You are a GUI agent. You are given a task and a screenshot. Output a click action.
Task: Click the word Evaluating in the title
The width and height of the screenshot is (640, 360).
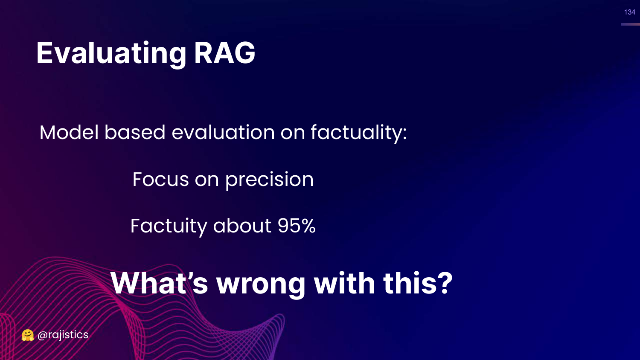coord(111,54)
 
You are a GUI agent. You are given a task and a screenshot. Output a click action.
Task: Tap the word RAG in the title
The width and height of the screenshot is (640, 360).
coord(224,53)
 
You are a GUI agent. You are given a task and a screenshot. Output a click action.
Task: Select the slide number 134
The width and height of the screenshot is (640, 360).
coord(630,12)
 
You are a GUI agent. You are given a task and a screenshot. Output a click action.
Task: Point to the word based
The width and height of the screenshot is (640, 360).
coord(135,132)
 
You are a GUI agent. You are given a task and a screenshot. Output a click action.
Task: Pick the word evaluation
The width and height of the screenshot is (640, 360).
coord(223,132)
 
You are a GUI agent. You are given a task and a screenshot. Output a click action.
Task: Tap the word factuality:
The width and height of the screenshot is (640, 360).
coord(359,134)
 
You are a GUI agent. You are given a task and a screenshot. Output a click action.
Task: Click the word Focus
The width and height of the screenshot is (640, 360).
coord(160,180)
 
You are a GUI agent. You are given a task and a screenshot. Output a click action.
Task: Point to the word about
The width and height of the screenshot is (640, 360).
coord(242,226)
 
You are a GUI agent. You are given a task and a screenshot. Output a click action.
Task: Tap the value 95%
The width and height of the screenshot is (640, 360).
coord(297,226)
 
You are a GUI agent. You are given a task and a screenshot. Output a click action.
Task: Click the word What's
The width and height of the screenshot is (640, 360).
coord(159,283)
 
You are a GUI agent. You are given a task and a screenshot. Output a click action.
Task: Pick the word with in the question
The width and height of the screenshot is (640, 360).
coord(344,283)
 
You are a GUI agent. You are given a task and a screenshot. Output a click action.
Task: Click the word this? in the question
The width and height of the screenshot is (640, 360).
coord(418,283)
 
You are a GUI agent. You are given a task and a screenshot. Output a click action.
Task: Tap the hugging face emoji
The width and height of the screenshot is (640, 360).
coord(28,335)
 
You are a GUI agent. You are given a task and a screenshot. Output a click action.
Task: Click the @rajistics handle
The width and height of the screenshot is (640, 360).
coord(63,335)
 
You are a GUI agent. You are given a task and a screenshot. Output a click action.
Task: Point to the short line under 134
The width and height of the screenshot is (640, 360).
coord(630,24)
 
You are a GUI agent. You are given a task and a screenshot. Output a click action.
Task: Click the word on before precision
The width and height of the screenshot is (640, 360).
coord(207,180)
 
